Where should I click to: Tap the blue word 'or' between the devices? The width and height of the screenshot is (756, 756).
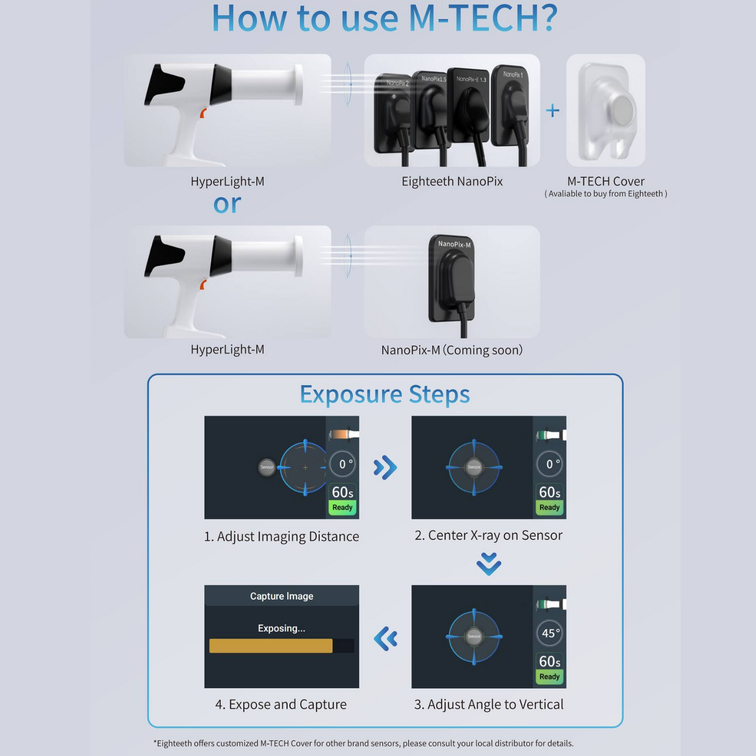click(x=227, y=204)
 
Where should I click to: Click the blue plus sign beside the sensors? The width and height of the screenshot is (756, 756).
click(x=552, y=110)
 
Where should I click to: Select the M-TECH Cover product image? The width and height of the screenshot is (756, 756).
click(x=606, y=111)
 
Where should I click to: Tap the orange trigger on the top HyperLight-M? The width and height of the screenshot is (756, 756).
click(x=203, y=113)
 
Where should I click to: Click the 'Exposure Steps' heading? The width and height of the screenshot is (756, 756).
click(x=384, y=394)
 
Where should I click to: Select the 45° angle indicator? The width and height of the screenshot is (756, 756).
click(x=550, y=633)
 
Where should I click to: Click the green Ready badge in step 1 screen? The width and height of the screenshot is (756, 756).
click(x=342, y=507)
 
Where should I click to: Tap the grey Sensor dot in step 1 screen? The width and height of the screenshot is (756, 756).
click(x=267, y=467)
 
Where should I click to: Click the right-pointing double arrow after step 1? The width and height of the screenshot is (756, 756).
click(x=385, y=467)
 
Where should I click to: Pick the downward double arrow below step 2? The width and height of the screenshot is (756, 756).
click(x=489, y=564)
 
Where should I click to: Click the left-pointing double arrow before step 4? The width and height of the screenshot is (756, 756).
click(x=385, y=638)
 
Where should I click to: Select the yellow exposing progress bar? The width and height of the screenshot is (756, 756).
click(x=271, y=646)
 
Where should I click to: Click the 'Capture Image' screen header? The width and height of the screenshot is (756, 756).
click(x=281, y=596)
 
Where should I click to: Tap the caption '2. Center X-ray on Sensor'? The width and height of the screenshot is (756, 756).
click(x=488, y=535)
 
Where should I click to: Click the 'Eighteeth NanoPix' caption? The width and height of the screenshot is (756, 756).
click(x=452, y=181)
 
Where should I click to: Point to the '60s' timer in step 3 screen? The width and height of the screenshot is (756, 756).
click(x=550, y=661)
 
